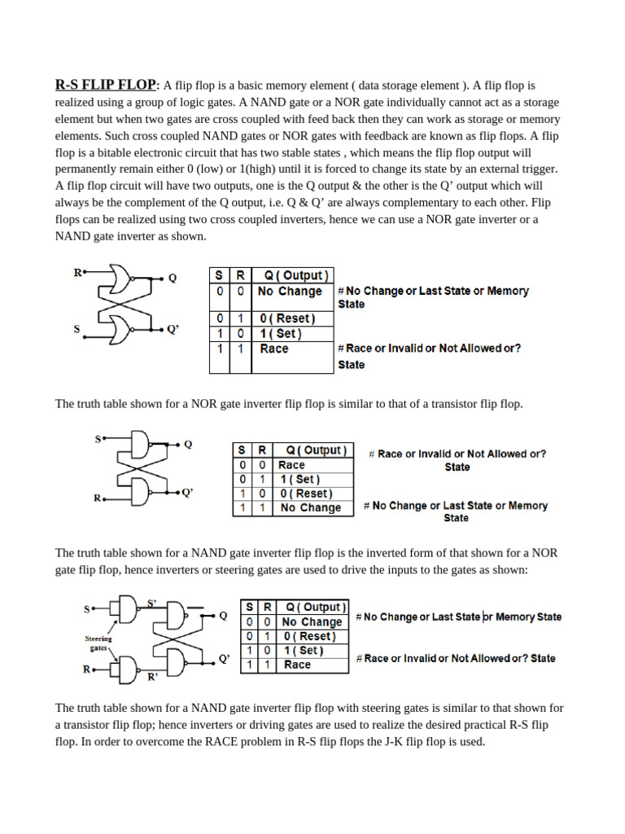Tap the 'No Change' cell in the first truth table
pos(290,291)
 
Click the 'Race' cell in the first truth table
pos(274,349)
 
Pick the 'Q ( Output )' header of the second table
pos(312,450)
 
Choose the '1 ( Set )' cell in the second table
pos(299,480)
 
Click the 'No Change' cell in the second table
pos(310,507)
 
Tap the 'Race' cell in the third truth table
pos(297,665)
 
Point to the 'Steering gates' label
pos(98,643)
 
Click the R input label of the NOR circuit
pos(77,273)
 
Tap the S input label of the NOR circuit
pos(77,329)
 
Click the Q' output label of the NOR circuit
pos(173,329)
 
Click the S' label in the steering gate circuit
pos(152,604)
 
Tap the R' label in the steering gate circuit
pos(152,676)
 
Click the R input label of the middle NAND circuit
pos(97,498)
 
